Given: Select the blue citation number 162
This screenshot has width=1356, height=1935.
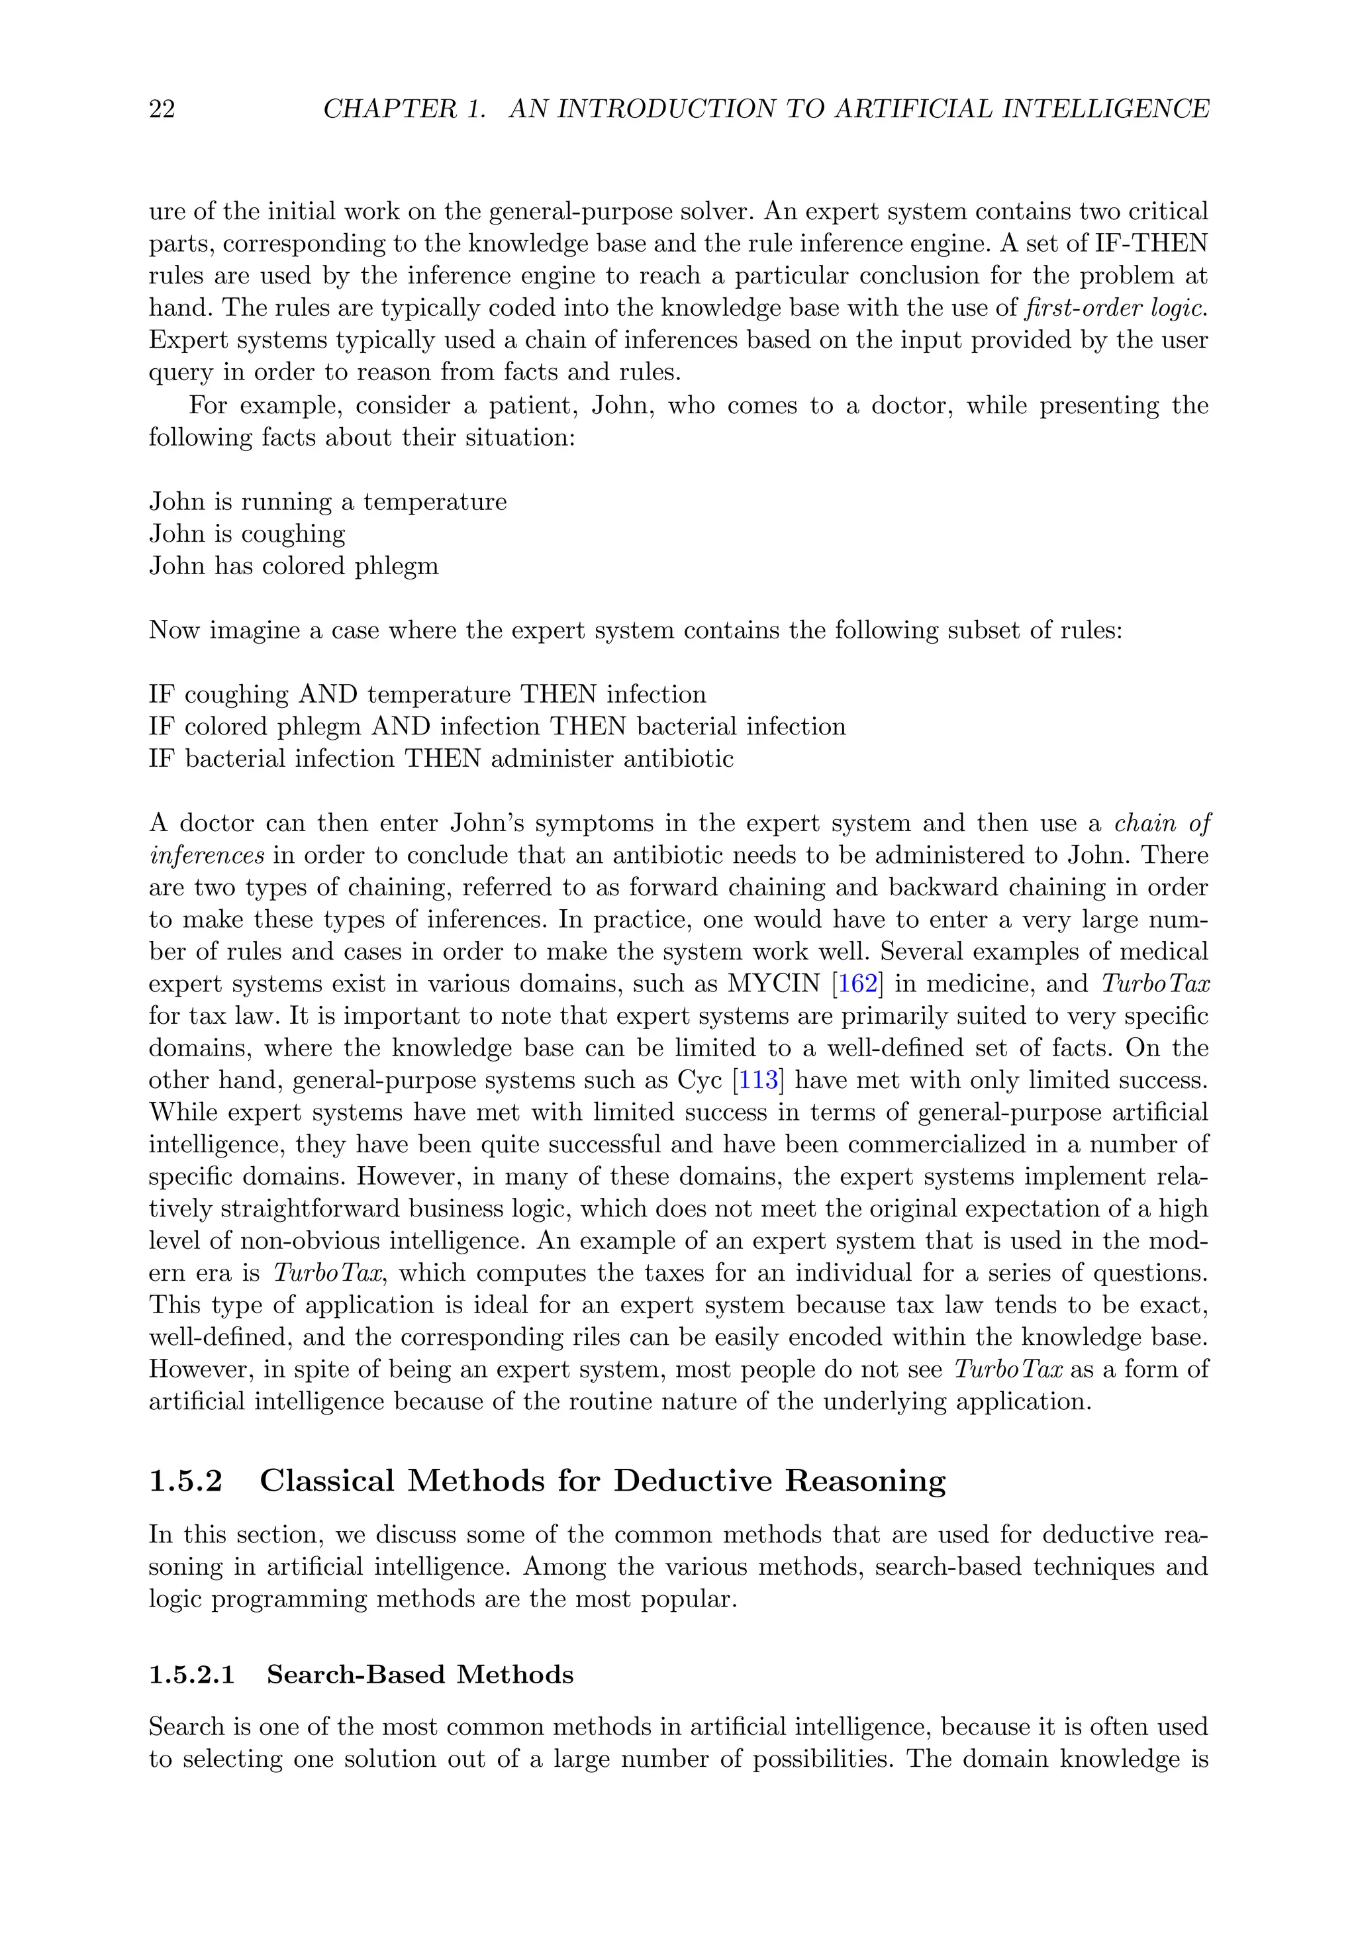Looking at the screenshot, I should coord(858,984).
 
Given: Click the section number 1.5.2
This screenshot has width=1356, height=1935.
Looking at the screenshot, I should coord(185,1481).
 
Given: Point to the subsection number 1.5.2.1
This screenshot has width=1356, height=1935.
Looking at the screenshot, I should coord(191,1673).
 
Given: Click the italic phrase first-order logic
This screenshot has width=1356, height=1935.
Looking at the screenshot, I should coord(1115,309).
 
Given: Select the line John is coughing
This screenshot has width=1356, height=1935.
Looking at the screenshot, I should coord(247,534).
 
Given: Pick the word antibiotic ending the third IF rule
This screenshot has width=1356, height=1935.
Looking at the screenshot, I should coord(677,758).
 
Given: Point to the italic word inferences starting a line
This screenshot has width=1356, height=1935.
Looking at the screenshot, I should coord(207,856).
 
